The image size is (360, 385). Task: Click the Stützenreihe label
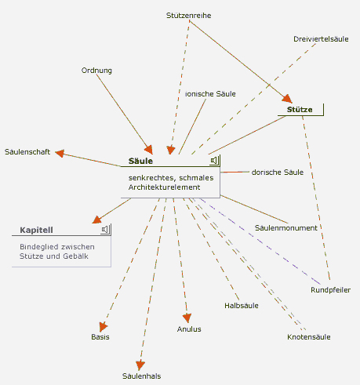click(189, 16)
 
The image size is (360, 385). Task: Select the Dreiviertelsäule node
click(321, 39)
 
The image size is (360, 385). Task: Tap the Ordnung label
click(96, 71)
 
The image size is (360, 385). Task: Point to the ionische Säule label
click(210, 94)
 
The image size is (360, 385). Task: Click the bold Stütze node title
click(300, 110)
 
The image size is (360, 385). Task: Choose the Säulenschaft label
click(27, 152)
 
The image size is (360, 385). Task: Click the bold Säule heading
click(140, 161)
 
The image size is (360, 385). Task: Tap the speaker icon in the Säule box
click(214, 160)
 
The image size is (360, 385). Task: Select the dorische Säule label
click(278, 173)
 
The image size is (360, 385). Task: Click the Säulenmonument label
click(286, 228)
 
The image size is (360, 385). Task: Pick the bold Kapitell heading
click(36, 230)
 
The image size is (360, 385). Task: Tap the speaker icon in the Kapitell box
click(105, 230)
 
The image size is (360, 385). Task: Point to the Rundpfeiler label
click(330, 290)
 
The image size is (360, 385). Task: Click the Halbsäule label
click(242, 306)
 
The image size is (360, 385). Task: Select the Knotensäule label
click(309, 337)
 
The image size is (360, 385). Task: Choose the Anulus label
click(189, 329)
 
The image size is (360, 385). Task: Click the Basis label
click(100, 337)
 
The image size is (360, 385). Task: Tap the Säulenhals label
click(141, 376)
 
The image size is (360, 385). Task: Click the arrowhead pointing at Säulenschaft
click(60, 153)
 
